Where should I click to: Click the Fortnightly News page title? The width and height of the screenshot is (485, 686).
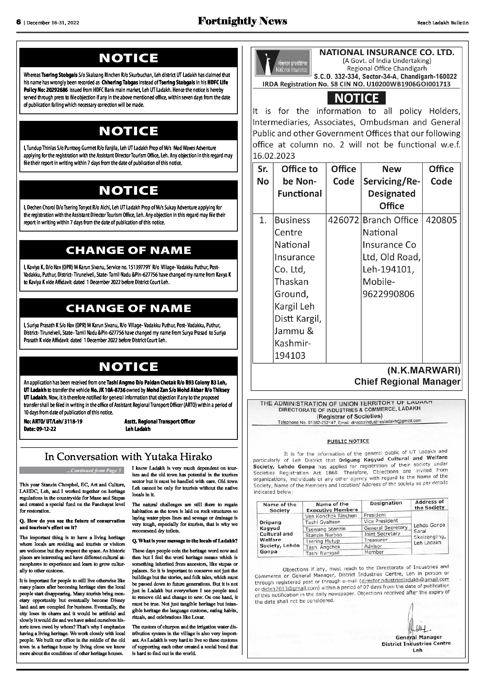click(x=242, y=21)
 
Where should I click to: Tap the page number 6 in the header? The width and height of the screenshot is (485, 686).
click(x=19, y=22)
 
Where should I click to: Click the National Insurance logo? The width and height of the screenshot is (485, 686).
click(x=282, y=63)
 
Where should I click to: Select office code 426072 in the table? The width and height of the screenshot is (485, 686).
click(x=343, y=220)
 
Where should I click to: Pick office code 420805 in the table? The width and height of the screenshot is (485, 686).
click(x=441, y=220)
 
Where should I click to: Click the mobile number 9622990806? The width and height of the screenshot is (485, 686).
click(x=388, y=294)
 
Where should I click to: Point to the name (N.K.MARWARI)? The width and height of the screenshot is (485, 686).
click(x=424, y=370)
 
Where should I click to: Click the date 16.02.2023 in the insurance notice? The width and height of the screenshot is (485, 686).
click(x=274, y=156)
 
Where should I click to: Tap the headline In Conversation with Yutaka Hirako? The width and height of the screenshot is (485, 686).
click(x=128, y=457)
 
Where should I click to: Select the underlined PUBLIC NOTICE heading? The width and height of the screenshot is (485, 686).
click(x=348, y=441)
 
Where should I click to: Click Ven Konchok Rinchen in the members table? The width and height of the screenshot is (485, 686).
click(x=331, y=516)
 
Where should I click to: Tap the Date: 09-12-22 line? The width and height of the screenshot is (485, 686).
click(x=40, y=429)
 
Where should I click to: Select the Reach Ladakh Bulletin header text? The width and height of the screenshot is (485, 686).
click(x=443, y=23)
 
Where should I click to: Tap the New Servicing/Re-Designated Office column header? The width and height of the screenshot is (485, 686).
click(x=392, y=187)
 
